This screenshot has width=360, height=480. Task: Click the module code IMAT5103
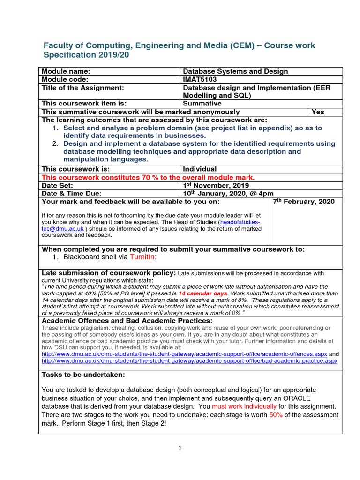tap(200, 79)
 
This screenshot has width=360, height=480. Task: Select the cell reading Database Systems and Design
tap(235, 71)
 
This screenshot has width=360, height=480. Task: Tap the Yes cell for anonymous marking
tap(318, 112)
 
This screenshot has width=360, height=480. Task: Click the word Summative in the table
tap(202, 104)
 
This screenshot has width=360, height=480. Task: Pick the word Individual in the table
tap(199, 169)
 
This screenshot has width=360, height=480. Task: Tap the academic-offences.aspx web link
tap(184, 354)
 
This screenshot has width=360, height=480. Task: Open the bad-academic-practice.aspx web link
tap(189, 361)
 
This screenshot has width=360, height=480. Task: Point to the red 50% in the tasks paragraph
tap(276, 415)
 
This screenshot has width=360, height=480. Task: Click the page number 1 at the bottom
tap(180, 448)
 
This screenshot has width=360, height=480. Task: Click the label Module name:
tap(66, 71)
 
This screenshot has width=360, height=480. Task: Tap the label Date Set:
tap(59, 185)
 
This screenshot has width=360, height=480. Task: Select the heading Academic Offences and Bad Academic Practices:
tap(127, 320)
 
